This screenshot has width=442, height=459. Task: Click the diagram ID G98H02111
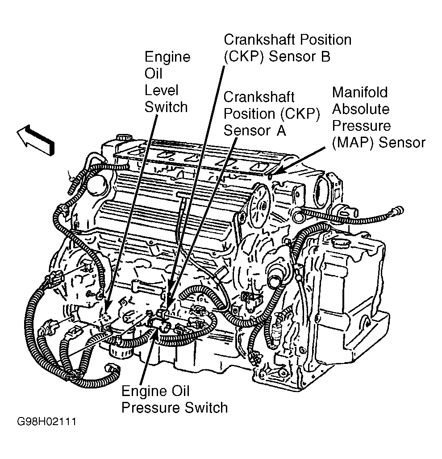tap(46, 421)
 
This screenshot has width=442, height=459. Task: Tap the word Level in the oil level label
tap(161, 90)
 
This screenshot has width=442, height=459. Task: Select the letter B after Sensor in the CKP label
tap(325, 57)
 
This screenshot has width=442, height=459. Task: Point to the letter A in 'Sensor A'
tap(279, 131)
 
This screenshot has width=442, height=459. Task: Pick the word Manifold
tap(360, 92)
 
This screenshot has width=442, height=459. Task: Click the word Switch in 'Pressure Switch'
tap(205, 407)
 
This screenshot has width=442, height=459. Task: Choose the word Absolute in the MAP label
tap(361, 109)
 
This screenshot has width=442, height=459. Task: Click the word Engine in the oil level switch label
tap(167, 57)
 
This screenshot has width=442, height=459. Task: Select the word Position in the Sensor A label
tap(251, 114)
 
